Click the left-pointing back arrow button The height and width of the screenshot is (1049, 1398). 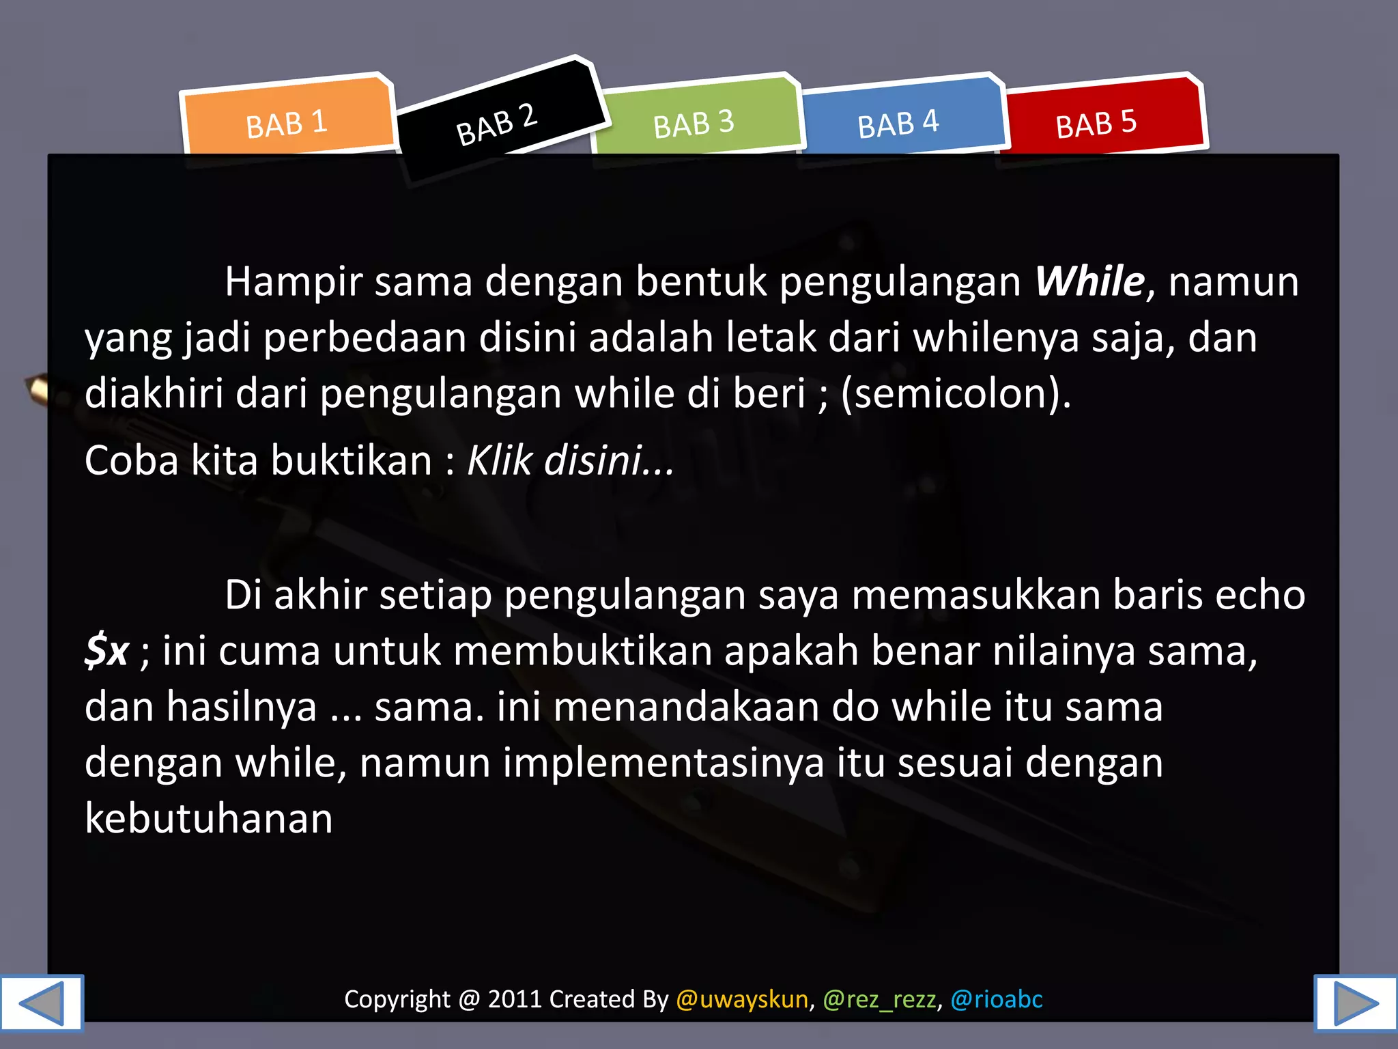coord(42,1003)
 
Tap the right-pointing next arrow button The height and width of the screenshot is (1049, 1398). coord(1356,1003)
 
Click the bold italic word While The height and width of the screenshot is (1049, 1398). coord(1089,281)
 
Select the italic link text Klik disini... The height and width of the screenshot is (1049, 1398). coord(570,460)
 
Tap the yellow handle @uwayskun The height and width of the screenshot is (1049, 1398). coord(742,999)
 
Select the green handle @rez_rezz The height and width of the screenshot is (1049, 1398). coord(879,999)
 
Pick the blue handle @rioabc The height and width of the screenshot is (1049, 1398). coord(997,999)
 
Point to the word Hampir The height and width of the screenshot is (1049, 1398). coord(293,281)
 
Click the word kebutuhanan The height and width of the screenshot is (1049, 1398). coord(209,818)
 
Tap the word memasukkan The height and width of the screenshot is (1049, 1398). coord(976,595)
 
